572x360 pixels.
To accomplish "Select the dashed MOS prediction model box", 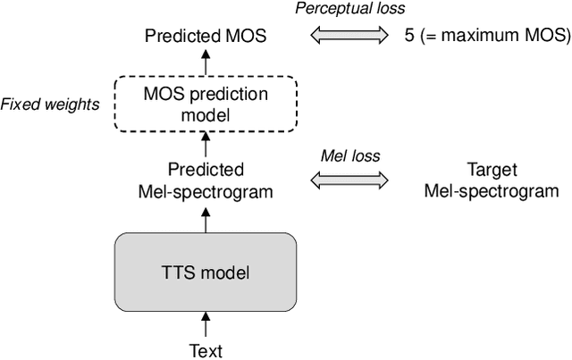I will tap(206, 104).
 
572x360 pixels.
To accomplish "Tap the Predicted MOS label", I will tap(206, 38).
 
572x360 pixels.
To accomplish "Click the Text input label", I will tap(206, 350).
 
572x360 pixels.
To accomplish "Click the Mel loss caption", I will tap(350, 155).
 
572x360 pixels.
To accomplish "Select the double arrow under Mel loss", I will tap(350, 180).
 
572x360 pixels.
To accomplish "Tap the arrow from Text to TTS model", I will tap(206, 322).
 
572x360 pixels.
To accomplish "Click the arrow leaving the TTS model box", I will tap(206, 218).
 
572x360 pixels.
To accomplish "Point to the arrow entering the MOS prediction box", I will tap(206, 144).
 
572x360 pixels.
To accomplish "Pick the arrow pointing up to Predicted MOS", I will tap(206, 63).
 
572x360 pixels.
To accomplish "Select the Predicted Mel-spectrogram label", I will tap(206, 180).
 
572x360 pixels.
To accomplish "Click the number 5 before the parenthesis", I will tap(409, 38).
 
